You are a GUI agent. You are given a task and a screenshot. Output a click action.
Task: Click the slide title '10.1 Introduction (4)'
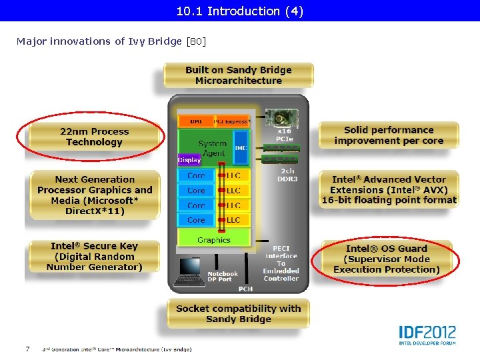[239, 11]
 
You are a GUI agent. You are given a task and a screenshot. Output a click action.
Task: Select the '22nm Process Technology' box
[94, 137]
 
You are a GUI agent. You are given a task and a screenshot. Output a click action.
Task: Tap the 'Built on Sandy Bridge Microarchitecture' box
[238, 75]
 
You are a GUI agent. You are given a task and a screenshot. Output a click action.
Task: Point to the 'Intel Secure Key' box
[94, 257]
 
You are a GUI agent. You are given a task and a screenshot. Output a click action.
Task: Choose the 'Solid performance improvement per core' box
[389, 135]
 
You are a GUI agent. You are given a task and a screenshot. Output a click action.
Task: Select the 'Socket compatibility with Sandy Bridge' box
[238, 314]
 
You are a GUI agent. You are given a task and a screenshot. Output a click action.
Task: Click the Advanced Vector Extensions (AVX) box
[389, 190]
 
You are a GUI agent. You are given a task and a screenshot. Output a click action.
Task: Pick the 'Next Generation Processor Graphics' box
[94, 195]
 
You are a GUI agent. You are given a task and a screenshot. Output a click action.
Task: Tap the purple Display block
[189, 160]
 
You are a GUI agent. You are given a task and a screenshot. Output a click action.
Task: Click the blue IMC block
[241, 148]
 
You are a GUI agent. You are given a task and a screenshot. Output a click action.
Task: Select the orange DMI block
[195, 121]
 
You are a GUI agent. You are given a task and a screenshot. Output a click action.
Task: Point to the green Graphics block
[213, 240]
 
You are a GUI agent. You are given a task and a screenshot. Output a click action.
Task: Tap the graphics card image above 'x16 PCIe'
[281, 119]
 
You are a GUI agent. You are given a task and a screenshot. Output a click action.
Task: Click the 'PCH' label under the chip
[245, 289]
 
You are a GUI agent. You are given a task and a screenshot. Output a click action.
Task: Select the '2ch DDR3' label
[288, 175]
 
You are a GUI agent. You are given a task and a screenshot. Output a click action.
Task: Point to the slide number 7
[27, 349]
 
